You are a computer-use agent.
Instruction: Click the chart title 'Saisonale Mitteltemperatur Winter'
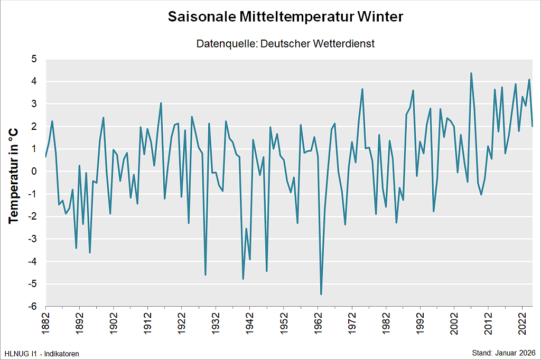click(x=285, y=17)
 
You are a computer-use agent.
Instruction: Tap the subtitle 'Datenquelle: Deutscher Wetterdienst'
click(x=285, y=44)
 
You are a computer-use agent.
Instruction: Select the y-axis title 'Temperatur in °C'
click(x=14, y=176)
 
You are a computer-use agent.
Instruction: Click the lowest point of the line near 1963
click(x=321, y=294)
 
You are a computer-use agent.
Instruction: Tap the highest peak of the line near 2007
click(x=471, y=73)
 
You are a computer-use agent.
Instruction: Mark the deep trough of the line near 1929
click(x=206, y=274)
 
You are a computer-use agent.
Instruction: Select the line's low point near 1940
click(x=243, y=279)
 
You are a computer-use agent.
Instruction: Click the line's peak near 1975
click(x=362, y=89)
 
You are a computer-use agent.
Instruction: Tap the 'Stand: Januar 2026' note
click(x=504, y=353)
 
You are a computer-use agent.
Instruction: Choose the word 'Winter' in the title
click(x=380, y=17)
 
